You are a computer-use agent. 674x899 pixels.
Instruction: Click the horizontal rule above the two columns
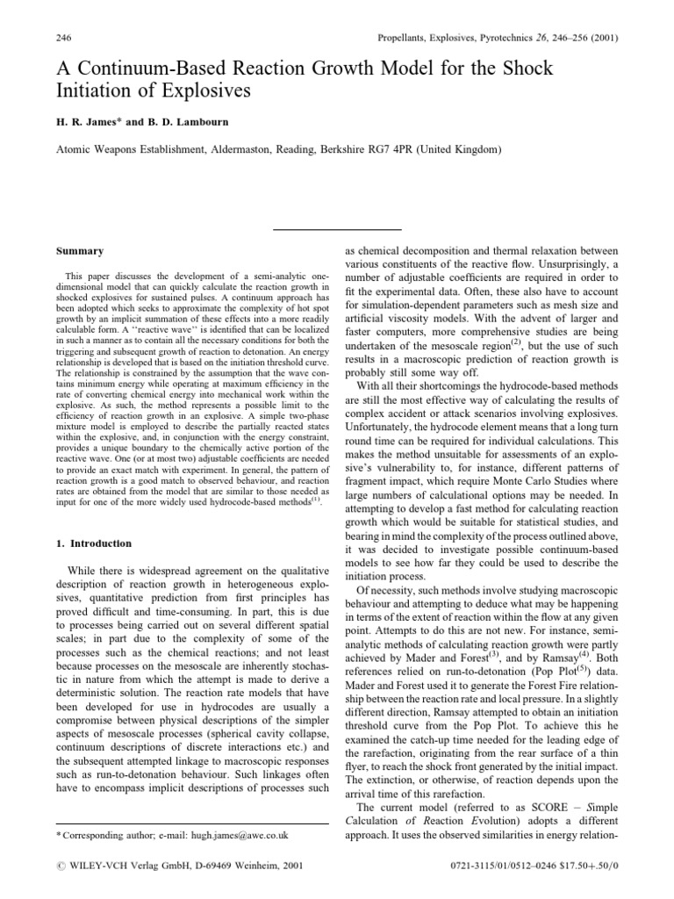[x=337, y=230]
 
